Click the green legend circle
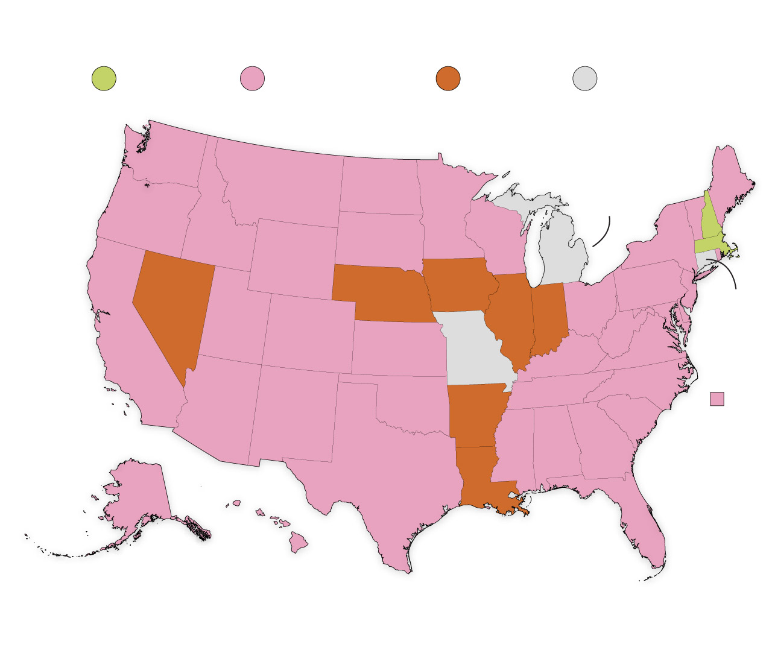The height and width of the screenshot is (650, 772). (104, 78)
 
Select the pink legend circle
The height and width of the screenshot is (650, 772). (253, 78)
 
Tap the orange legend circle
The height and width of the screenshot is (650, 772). (448, 78)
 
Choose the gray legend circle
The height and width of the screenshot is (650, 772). (585, 78)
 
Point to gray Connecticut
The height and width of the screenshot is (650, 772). (703, 260)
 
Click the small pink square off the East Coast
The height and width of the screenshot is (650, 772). (717, 399)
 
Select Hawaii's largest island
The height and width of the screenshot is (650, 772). (297, 542)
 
